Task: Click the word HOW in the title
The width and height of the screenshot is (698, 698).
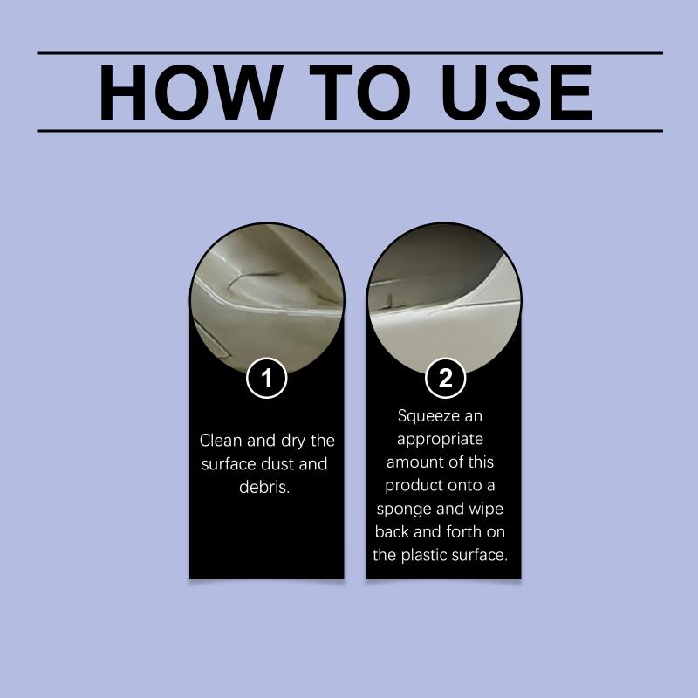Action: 190,92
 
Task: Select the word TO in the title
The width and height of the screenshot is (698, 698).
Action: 359,92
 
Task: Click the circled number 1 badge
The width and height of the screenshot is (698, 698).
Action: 267,378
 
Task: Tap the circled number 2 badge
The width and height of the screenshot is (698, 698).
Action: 445,378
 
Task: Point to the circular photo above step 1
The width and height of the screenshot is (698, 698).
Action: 267,298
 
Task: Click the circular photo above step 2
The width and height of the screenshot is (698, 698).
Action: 444,298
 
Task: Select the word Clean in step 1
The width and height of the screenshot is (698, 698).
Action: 221,441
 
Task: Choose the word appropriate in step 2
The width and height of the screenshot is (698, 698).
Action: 440,440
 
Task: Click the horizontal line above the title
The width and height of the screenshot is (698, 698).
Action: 350,53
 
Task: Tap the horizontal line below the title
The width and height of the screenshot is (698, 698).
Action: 350,131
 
